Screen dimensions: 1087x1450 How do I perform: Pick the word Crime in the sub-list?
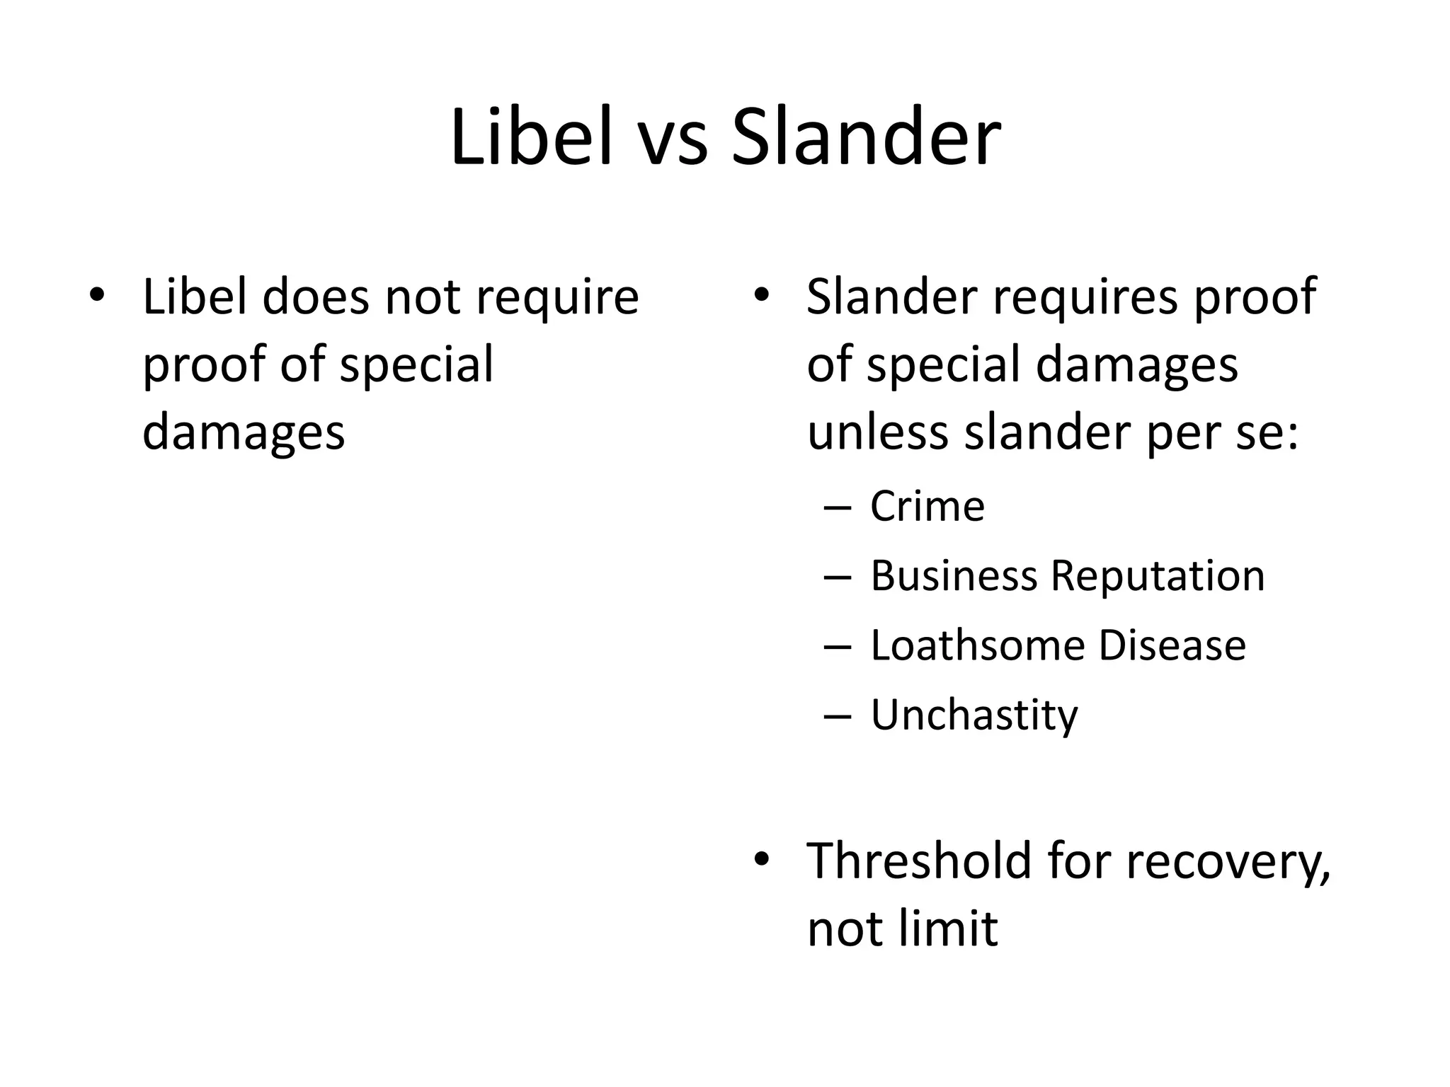tap(927, 507)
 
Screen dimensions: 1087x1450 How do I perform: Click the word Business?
tap(953, 575)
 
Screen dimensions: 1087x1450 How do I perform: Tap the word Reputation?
tap(1157, 577)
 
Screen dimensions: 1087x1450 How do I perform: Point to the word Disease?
tap(1172, 645)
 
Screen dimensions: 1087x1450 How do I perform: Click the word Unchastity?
tap(974, 715)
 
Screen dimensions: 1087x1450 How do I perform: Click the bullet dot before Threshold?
tap(760, 859)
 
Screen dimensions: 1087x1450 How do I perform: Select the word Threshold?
tap(919, 861)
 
